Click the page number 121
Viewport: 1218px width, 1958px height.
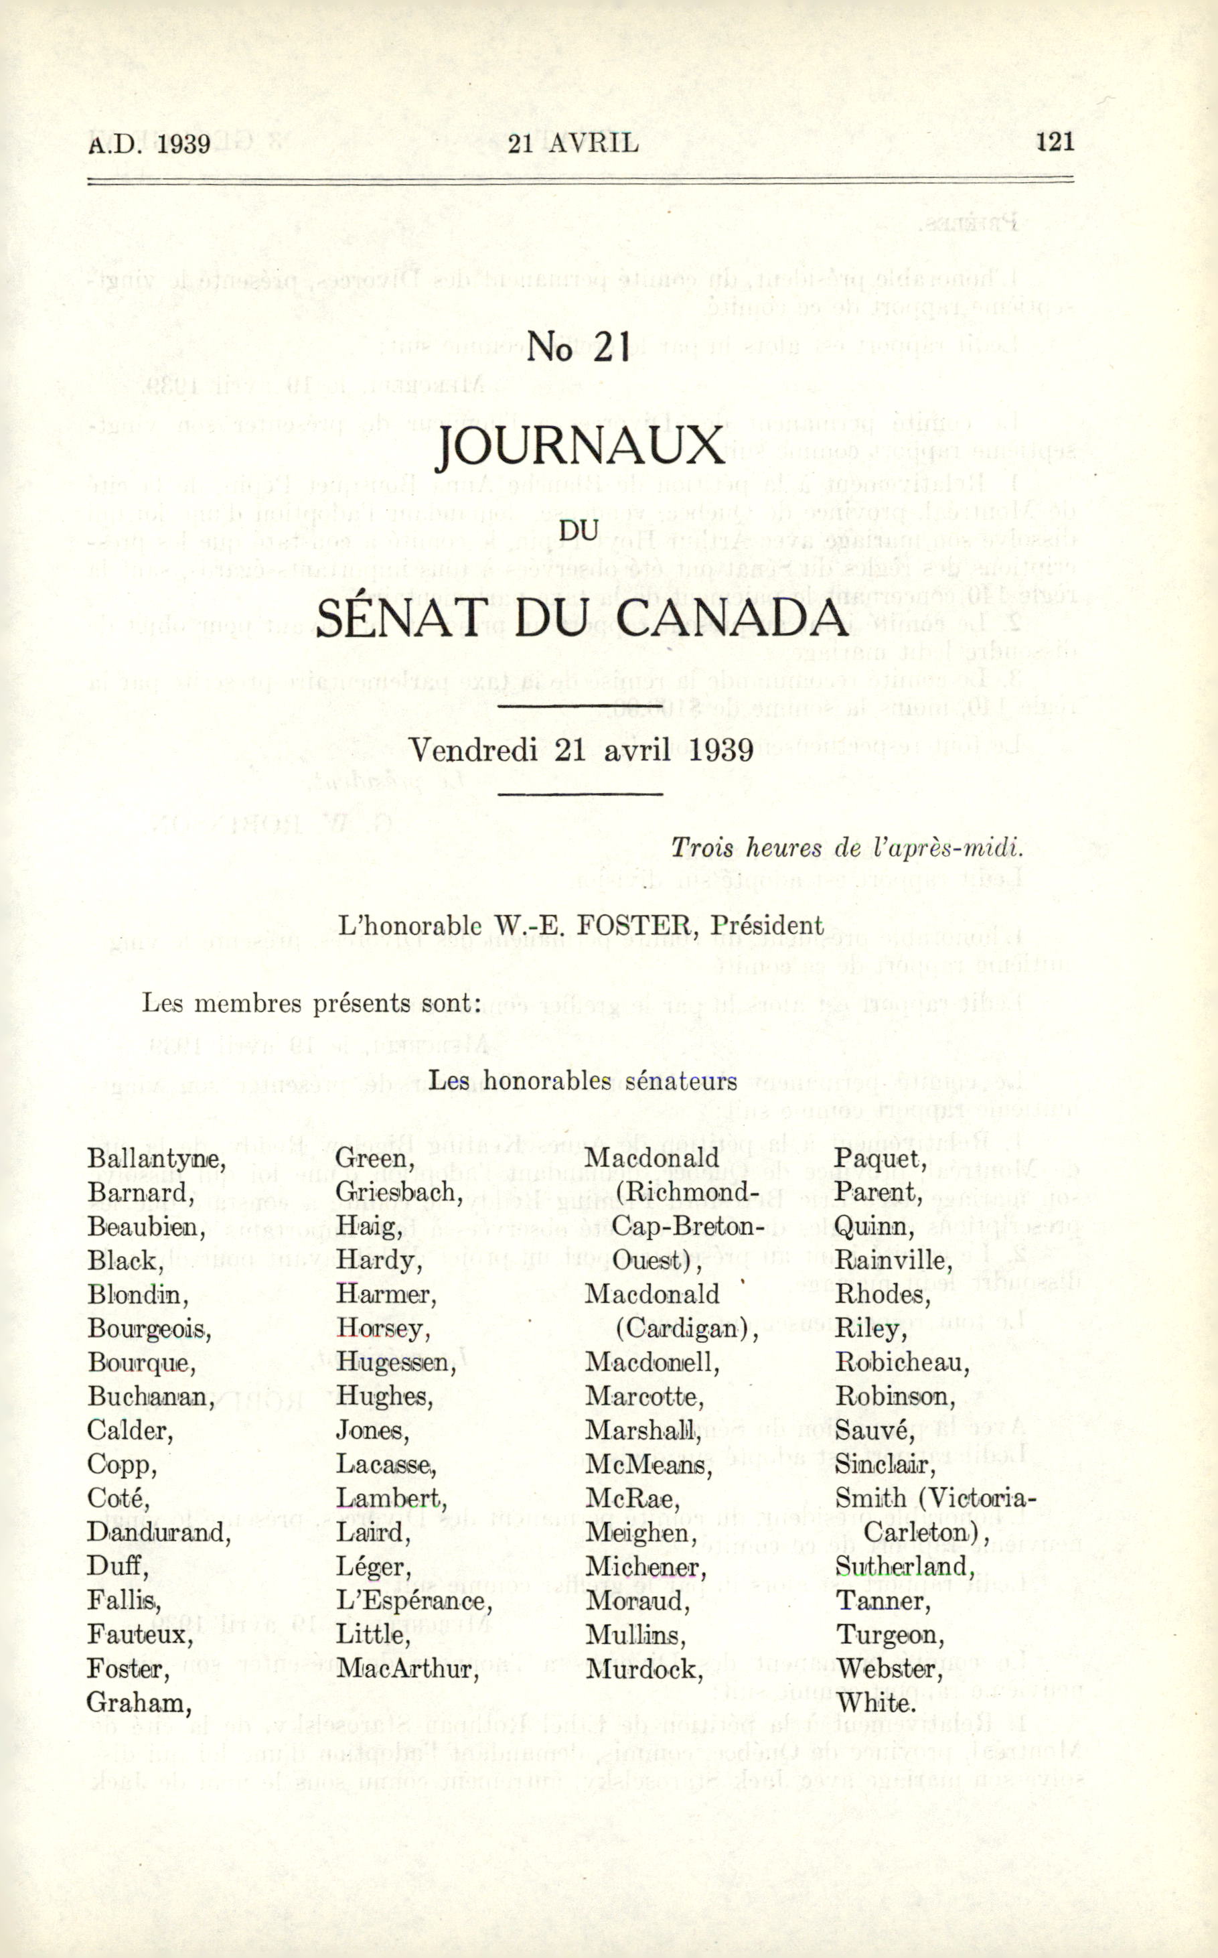[1055, 142]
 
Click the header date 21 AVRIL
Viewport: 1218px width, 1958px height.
[574, 143]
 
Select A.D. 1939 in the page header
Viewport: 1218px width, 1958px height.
[149, 144]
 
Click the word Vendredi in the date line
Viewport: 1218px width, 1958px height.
[473, 750]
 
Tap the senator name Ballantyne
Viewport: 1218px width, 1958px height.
[156, 1159]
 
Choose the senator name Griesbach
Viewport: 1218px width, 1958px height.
[399, 1192]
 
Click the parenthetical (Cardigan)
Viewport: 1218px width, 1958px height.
[686, 1329]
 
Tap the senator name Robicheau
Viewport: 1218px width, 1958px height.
[901, 1362]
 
